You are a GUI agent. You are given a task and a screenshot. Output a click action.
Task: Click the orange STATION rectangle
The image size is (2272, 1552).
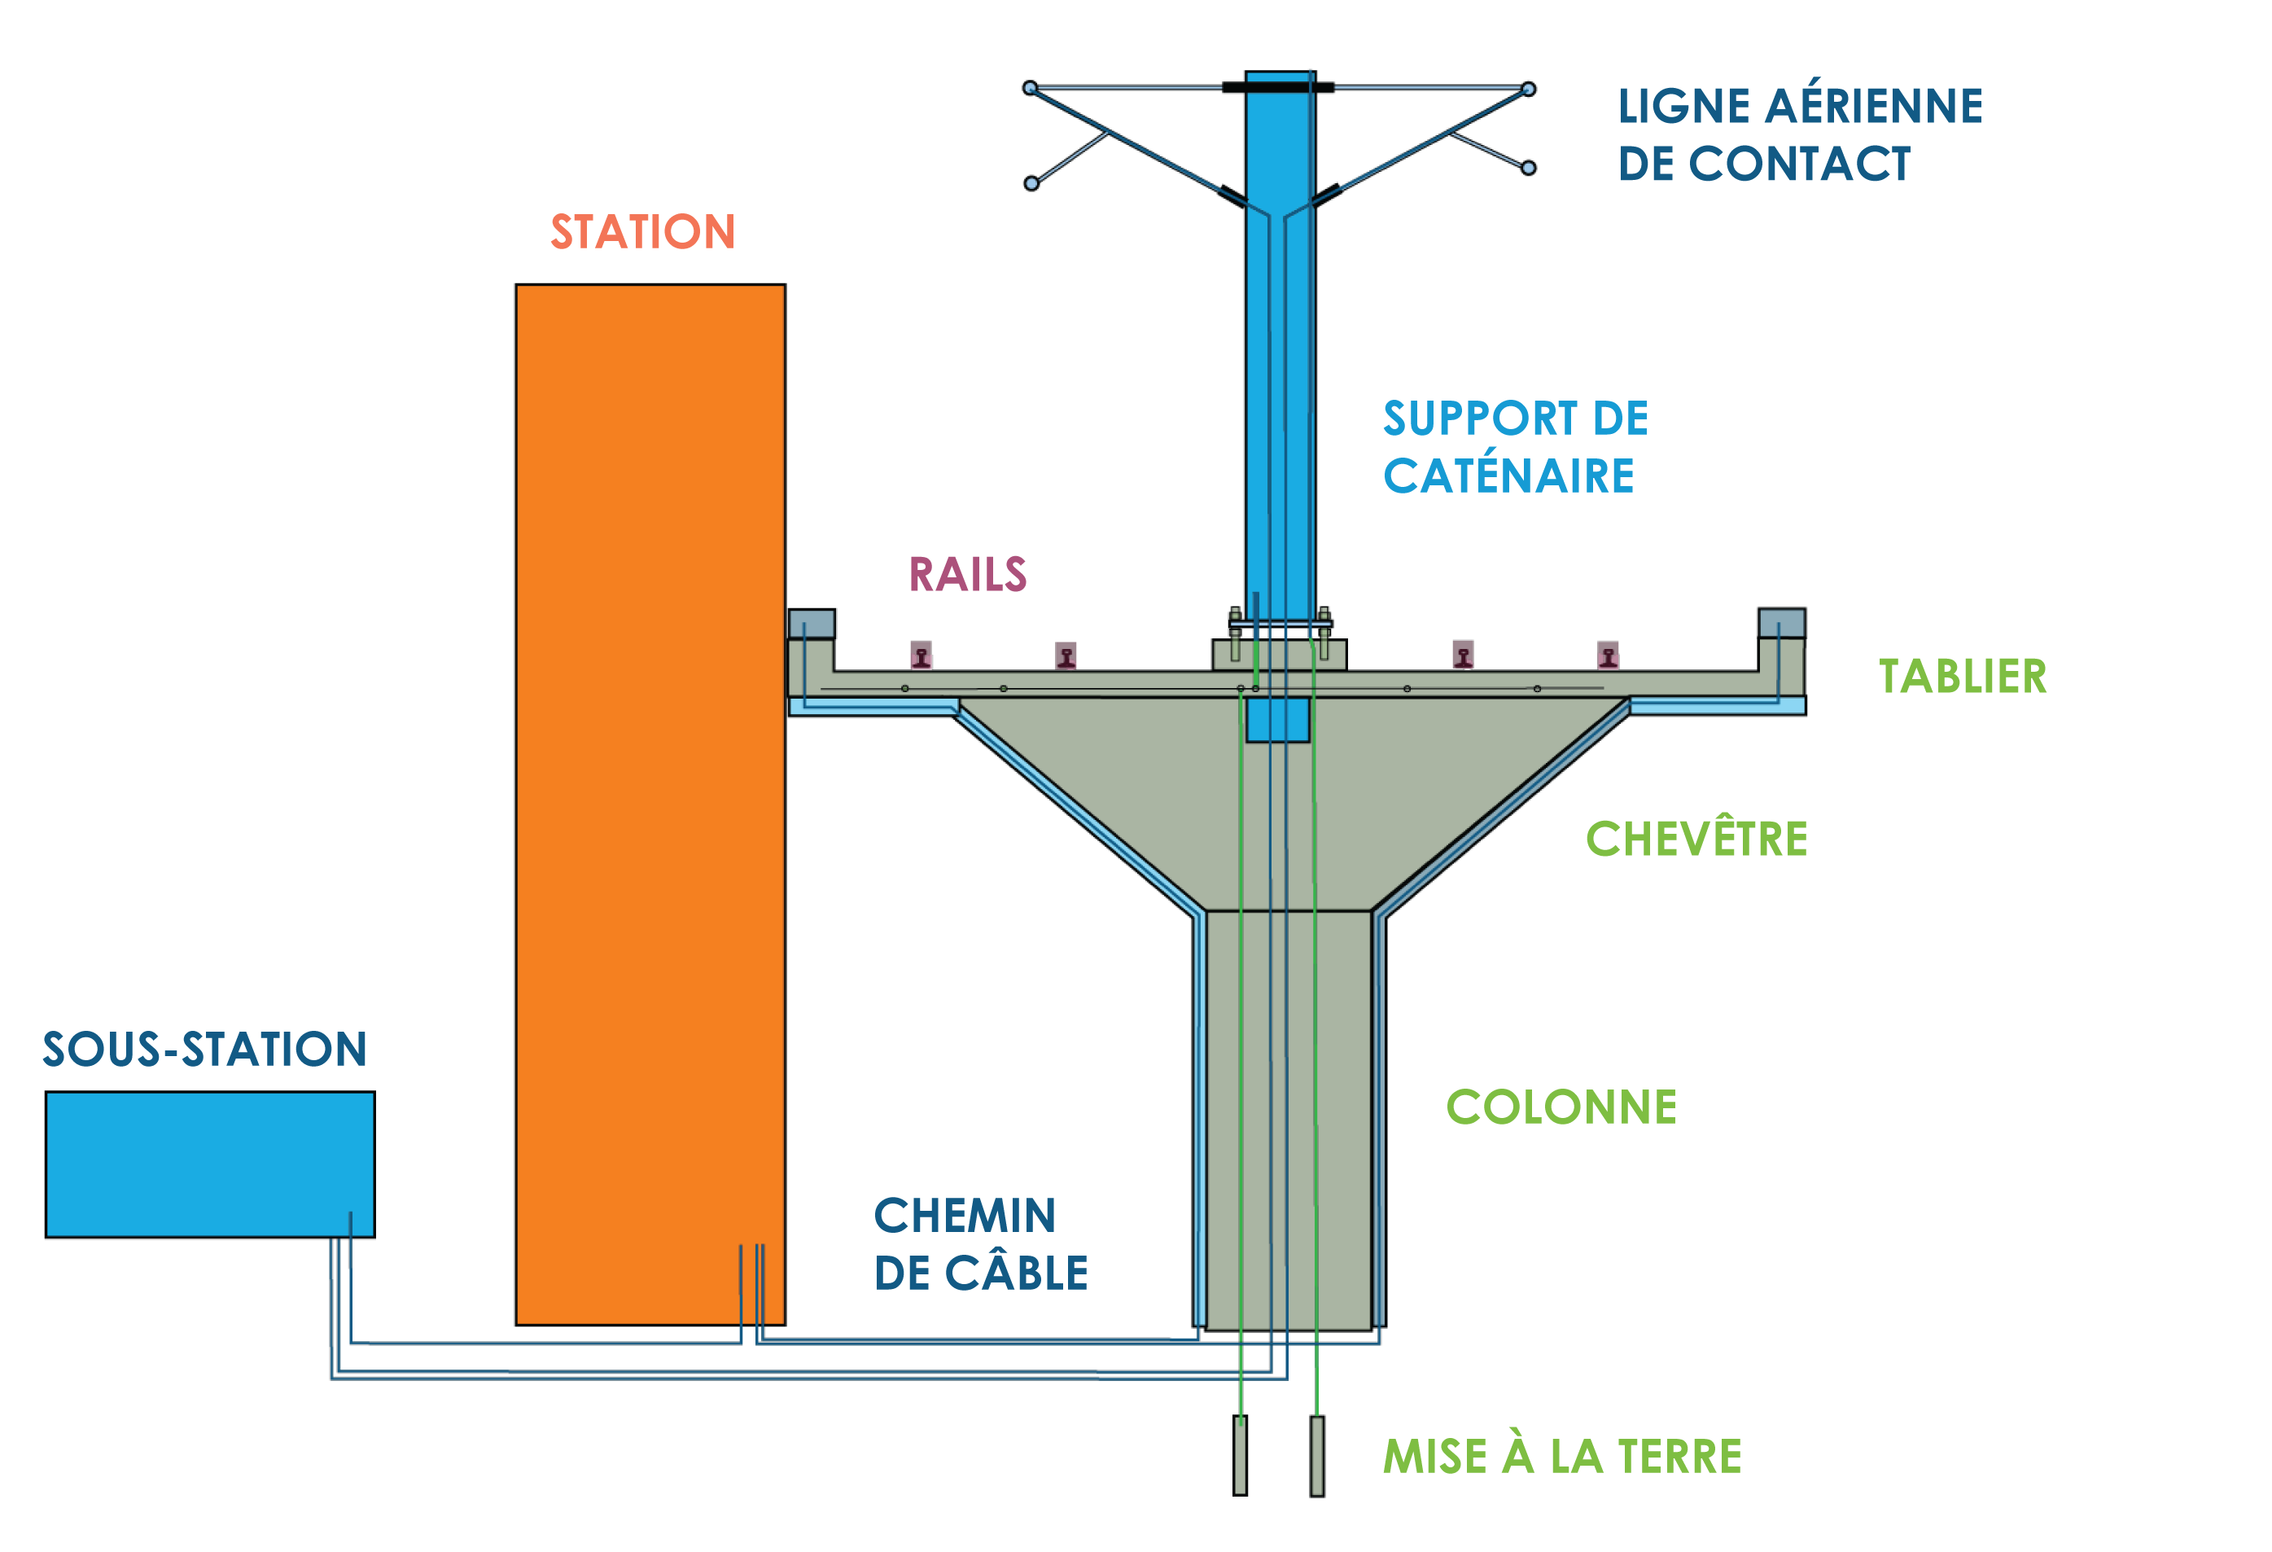point(650,804)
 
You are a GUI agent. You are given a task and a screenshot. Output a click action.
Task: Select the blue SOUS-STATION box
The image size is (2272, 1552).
point(210,1164)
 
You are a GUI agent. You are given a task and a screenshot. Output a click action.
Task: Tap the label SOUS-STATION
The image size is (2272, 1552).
point(205,1050)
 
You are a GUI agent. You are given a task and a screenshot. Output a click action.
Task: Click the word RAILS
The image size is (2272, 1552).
point(968,574)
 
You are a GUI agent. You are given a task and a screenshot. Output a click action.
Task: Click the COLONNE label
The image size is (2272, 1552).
point(1561,1107)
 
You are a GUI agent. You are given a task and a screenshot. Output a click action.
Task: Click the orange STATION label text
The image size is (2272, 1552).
point(642,232)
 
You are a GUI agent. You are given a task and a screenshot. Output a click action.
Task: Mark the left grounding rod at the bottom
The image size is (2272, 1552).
point(1240,1455)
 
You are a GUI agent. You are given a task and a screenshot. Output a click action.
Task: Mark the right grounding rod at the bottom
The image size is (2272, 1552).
point(1317,1455)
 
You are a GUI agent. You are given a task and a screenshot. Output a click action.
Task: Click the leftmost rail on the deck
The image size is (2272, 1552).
point(921,654)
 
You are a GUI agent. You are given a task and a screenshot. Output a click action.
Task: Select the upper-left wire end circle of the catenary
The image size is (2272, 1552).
point(1030,88)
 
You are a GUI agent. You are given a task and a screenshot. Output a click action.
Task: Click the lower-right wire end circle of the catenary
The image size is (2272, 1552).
point(1529,169)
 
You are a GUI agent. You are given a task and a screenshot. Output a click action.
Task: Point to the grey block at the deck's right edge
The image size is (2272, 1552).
point(1781,623)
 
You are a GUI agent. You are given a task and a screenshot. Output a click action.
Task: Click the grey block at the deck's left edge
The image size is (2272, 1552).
point(812,624)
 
